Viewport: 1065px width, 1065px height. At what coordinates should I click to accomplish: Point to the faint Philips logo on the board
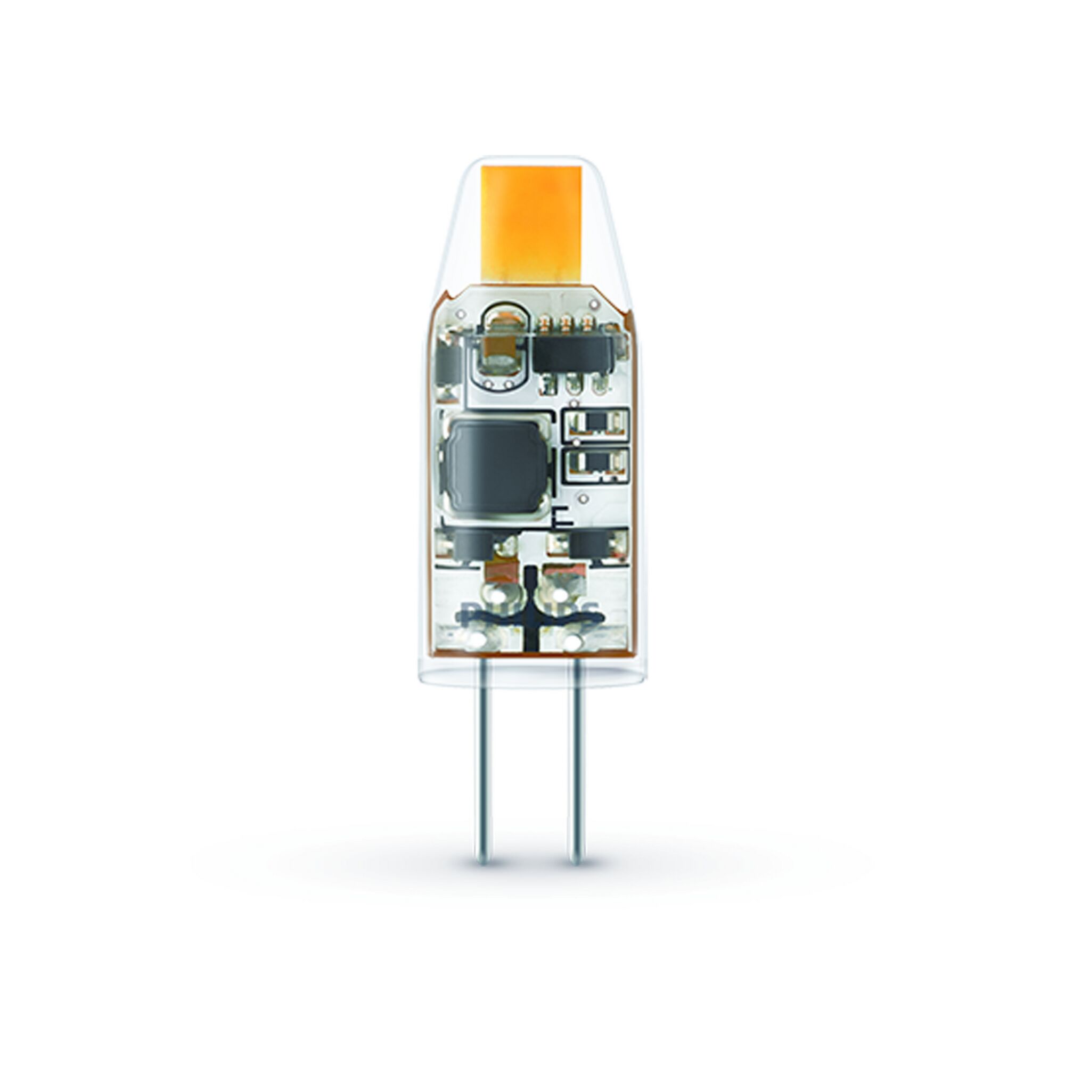[529, 610]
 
